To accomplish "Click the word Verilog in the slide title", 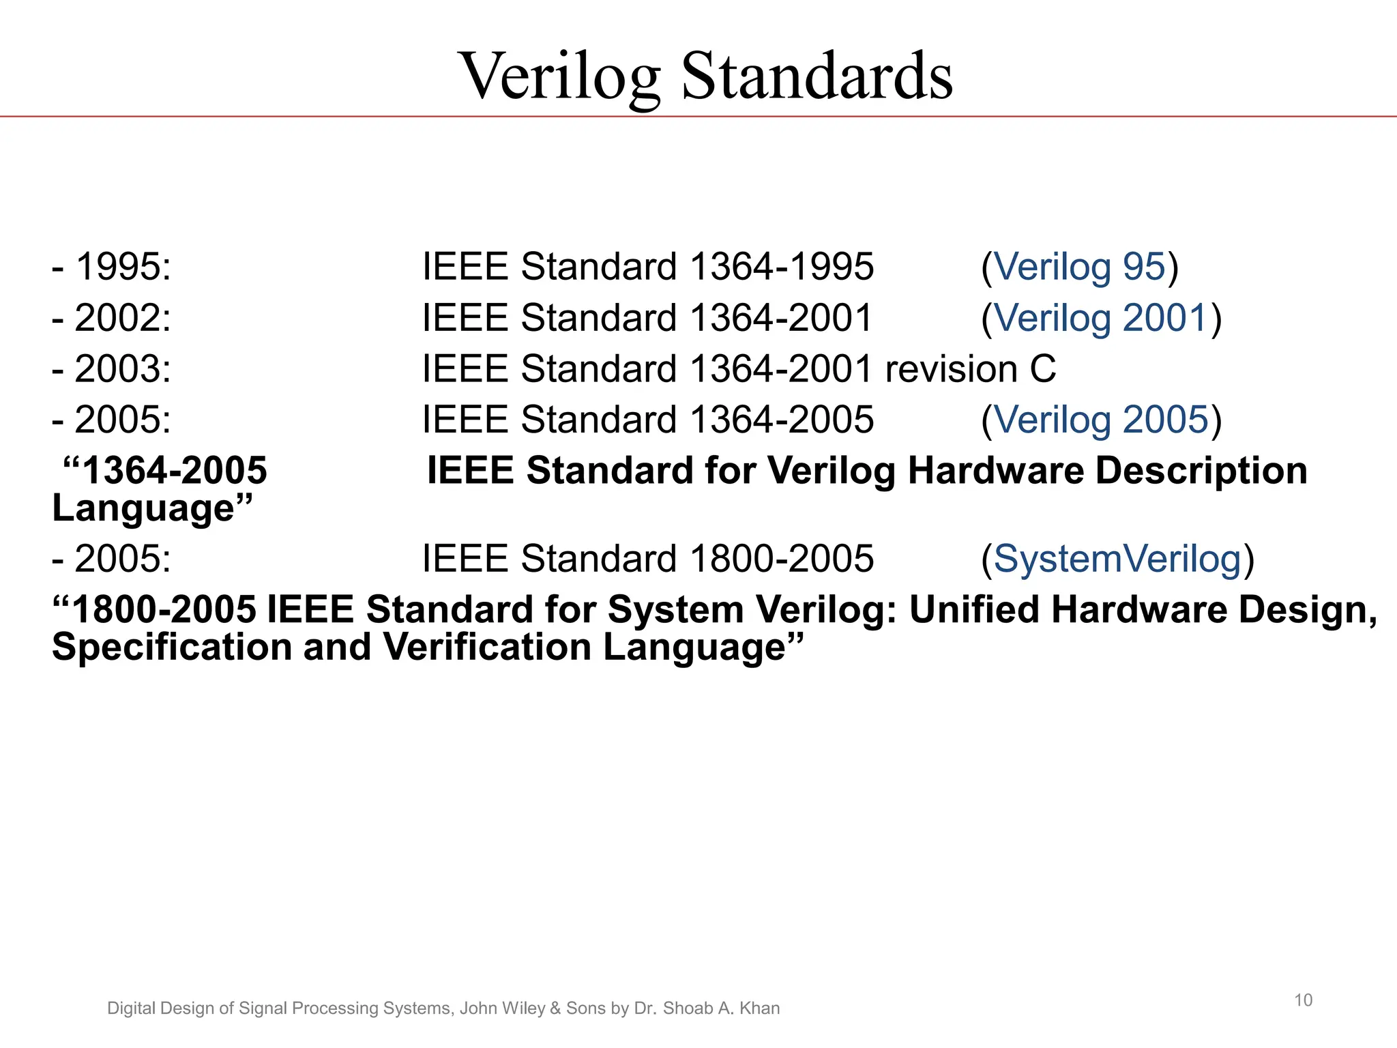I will click(x=561, y=76).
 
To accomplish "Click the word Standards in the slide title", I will click(x=817, y=76).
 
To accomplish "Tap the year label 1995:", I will click(x=123, y=266).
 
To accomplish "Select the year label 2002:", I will click(x=123, y=318).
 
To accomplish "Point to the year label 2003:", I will click(x=123, y=368).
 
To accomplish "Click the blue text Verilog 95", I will click(x=1080, y=266).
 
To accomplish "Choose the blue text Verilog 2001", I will click(x=1101, y=318).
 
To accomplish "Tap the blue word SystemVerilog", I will click(x=1117, y=559).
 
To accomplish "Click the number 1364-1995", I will click(x=782, y=266).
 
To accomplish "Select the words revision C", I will click(x=970, y=368).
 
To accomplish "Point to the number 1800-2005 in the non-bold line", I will click(x=782, y=559).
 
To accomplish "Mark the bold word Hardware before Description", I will click(x=995, y=471).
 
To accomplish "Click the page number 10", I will click(x=1303, y=1000).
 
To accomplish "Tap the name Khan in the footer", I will click(x=759, y=1008).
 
